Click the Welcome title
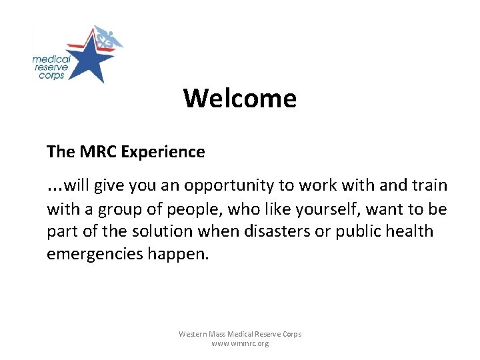(240, 99)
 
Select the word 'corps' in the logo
(50, 75)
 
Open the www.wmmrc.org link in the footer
(240, 343)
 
